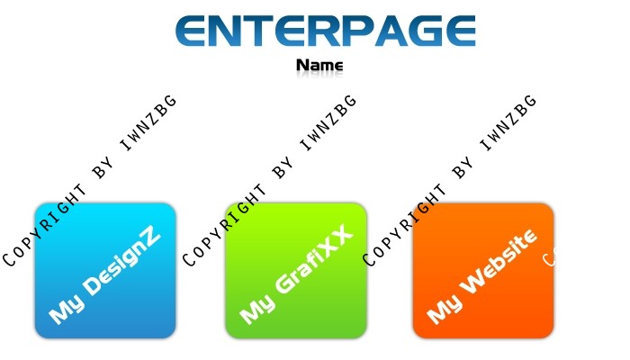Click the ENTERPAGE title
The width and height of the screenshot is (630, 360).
(326, 31)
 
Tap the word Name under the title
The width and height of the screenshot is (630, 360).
(319, 65)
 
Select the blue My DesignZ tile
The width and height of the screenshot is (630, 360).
(105, 270)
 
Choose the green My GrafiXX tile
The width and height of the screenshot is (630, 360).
(296, 270)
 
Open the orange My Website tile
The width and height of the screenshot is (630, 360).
(483, 270)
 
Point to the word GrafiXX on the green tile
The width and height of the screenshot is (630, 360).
(314, 259)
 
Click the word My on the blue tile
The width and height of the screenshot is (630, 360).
(67, 309)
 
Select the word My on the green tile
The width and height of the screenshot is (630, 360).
(258, 309)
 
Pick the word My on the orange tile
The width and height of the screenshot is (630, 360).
(445, 309)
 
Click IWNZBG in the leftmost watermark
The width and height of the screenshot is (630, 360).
(148, 122)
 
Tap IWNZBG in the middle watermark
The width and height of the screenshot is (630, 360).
(328, 122)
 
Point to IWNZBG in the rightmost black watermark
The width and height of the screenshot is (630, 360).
(508, 122)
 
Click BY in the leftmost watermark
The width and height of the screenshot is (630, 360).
(103, 169)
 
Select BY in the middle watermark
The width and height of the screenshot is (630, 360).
(283, 169)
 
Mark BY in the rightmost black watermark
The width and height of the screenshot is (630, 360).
(463, 169)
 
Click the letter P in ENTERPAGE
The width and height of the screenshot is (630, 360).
(359, 31)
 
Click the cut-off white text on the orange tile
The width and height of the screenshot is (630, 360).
(549, 259)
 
